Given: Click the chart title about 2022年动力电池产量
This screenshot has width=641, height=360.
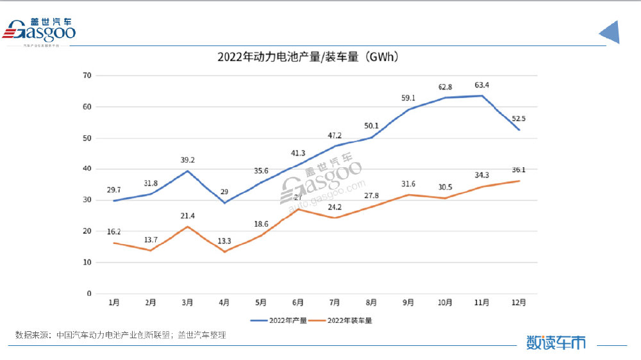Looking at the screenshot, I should click(x=308, y=58).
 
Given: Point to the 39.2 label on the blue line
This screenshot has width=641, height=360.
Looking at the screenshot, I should click(x=188, y=160).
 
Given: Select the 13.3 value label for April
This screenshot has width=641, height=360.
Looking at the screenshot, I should click(x=224, y=241).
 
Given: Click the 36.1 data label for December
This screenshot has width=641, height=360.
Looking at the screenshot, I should click(x=518, y=170).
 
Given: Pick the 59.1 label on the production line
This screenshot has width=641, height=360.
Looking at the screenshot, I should click(x=408, y=98).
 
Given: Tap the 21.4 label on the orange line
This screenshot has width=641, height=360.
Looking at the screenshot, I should click(x=188, y=216).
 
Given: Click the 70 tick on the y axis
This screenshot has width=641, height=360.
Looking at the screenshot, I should click(x=87, y=76).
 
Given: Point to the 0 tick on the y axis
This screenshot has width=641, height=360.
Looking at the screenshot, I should click(x=89, y=293).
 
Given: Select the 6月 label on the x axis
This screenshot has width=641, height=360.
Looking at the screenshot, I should click(x=297, y=301).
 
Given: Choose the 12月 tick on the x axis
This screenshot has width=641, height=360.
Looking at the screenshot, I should click(x=518, y=301).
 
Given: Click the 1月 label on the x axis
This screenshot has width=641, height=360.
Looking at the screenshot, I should click(x=114, y=301).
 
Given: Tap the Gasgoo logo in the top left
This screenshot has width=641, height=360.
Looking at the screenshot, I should click(x=40, y=31).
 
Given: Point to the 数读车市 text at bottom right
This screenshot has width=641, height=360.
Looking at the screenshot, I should click(x=556, y=343).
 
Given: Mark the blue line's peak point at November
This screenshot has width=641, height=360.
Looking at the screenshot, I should click(x=481, y=95).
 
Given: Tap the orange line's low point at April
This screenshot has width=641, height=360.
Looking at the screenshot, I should click(x=224, y=252).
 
